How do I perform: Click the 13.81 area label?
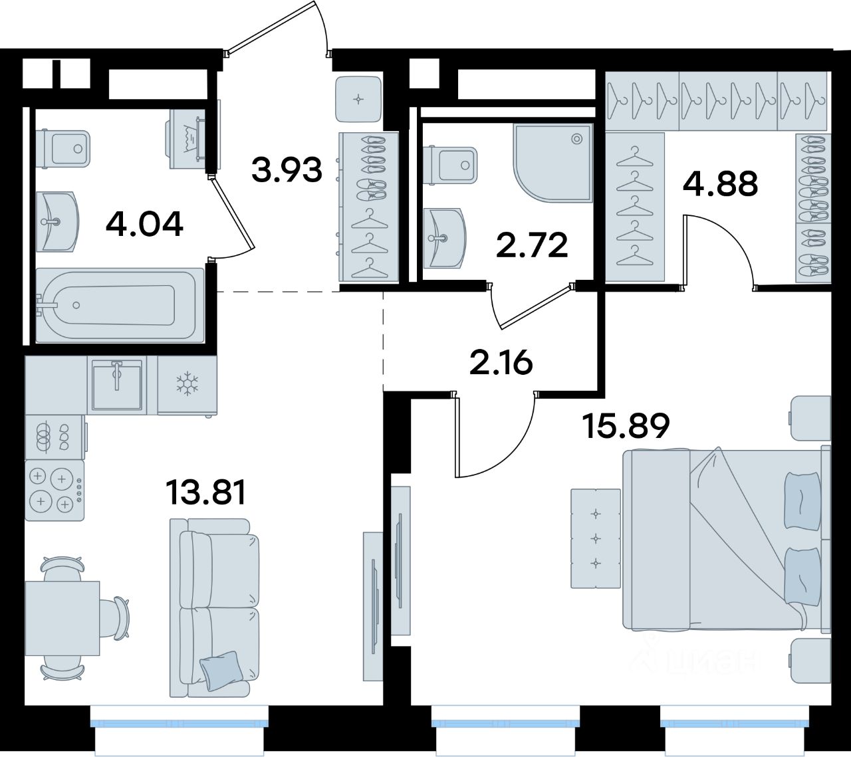tap(205, 493)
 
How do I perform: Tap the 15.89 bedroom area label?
tap(627, 426)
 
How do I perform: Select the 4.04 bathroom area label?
tap(144, 224)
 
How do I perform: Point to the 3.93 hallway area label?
tap(287, 169)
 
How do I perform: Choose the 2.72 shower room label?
tap(532, 246)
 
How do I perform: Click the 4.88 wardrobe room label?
tap(721, 183)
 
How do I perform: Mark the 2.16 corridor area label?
tap(501, 363)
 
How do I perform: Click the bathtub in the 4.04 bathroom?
tap(120, 305)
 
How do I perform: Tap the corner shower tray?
tap(552, 163)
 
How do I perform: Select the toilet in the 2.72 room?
tap(450, 165)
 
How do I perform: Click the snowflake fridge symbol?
tap(187, 385)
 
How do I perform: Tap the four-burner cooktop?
tap(55, 490)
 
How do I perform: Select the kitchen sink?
tap(117, 385)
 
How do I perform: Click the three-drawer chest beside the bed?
tap(596, 538)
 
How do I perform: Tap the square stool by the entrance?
tap(358, 100)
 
